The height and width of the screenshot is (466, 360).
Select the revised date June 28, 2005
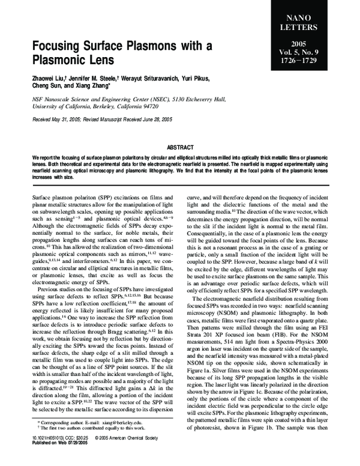pos(160,120)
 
